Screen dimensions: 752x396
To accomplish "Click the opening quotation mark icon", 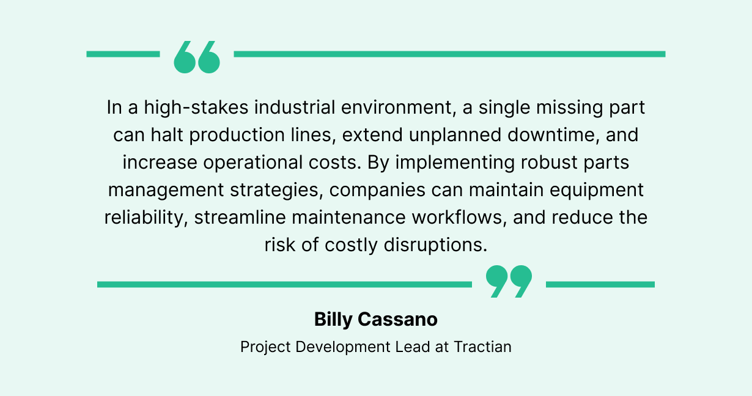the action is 197,57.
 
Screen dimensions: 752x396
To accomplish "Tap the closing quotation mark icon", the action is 509,281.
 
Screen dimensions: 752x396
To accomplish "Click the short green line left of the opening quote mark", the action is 123,54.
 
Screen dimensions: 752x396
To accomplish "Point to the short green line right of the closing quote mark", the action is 600,285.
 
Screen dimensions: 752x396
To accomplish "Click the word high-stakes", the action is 196,108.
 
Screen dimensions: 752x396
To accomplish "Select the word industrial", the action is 295,108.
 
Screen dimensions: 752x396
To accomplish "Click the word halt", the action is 167,135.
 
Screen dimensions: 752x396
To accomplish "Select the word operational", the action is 253,163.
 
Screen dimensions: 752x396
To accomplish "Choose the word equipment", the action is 597,190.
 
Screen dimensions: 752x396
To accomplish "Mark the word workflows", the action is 459,218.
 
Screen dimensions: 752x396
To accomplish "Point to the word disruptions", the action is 435,245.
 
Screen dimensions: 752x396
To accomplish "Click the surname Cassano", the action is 398,319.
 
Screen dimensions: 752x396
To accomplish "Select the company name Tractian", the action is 483,347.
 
